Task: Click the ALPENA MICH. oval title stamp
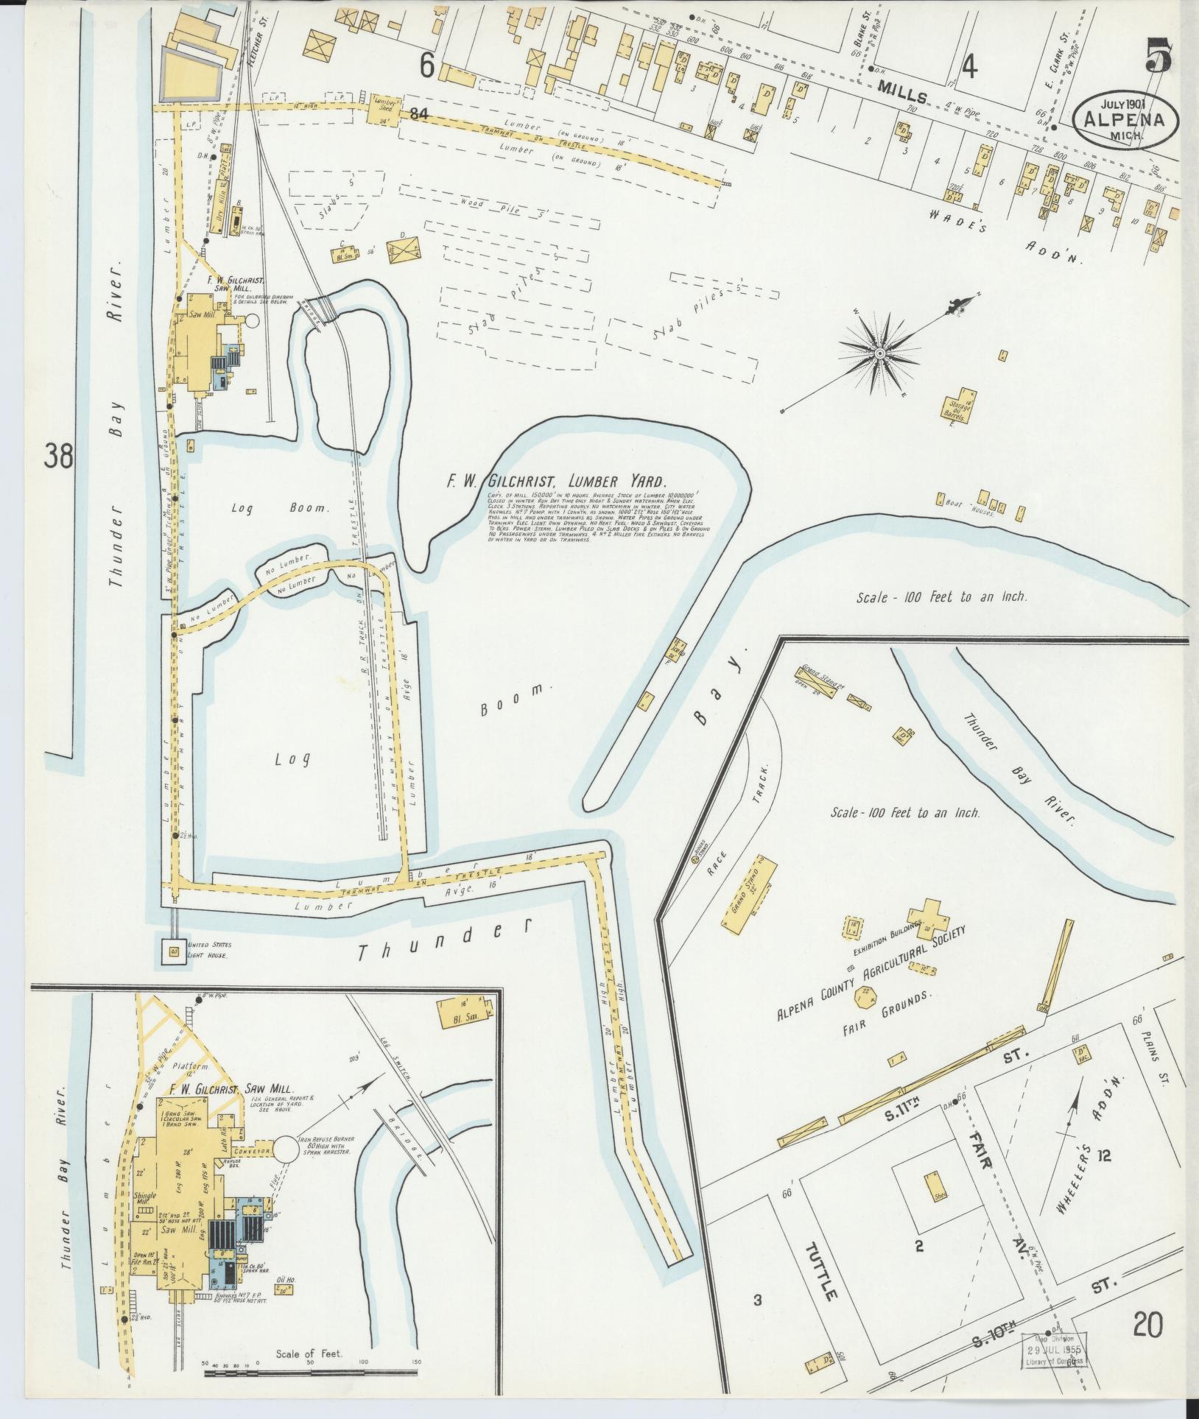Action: [1125, 118]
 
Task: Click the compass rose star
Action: [879, 355]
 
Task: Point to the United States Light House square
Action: [175, 951]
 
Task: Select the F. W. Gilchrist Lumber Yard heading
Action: [556, 482]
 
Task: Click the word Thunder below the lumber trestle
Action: [443, 939]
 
